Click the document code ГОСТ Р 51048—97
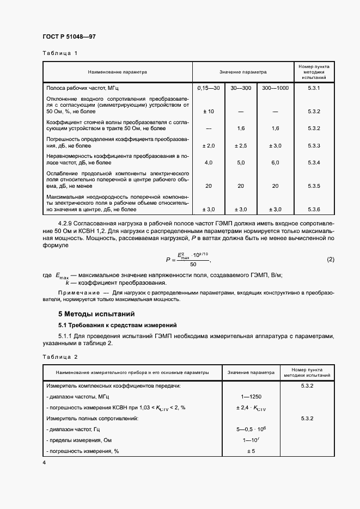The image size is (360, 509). [69, 37]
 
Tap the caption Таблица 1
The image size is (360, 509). [60, 53]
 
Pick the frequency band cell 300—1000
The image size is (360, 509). [275, 88]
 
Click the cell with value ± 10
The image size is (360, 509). [208, 112]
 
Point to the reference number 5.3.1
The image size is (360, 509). [313, 88]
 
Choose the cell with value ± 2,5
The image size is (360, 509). [241, 146]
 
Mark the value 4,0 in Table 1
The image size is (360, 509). [208, 163]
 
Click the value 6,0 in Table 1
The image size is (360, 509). [275, 163]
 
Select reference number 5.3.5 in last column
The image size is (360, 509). [313, 186]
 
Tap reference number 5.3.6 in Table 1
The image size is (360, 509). [313, 210]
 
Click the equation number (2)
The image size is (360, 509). [330, 260]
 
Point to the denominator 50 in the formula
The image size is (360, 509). [193, 264]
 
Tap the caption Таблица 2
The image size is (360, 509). [60, 357]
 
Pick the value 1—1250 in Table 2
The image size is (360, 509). [251, 396]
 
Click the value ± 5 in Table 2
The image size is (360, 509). [251, 451]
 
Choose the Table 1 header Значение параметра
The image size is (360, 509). [243, 72]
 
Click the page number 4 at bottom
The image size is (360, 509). [44, 462]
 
